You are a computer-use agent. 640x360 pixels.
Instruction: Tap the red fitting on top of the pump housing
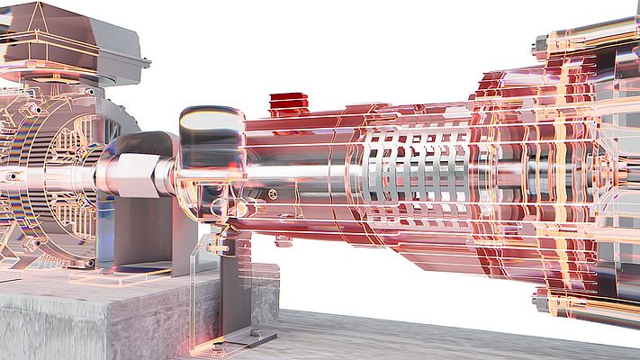pos(288,103)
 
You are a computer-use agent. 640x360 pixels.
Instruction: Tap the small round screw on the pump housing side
pos(273,193)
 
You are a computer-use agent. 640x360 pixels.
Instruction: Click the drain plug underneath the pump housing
pos(283,240)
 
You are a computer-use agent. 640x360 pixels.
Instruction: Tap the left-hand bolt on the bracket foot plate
pos(218,343)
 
